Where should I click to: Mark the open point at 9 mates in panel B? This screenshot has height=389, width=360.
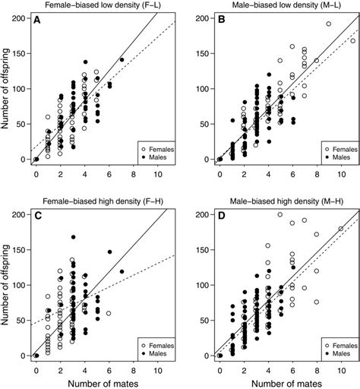coord(329,24)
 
